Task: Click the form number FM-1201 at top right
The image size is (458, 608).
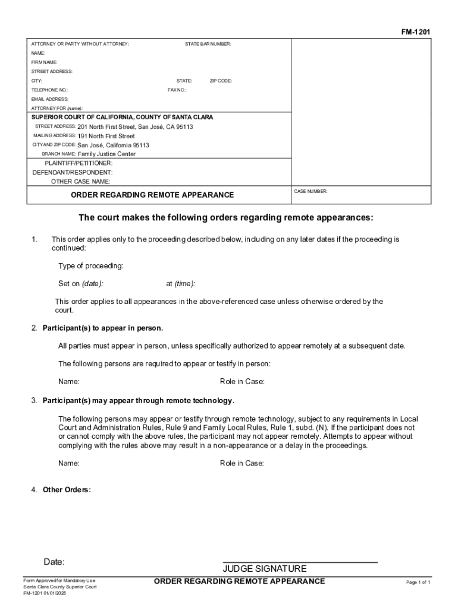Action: [416, 31]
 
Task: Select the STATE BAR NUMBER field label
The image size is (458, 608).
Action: [208, 44]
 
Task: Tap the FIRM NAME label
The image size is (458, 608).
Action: [45, 62]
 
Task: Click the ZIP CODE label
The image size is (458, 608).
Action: [221, 81]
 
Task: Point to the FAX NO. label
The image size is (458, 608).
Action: [177, 90]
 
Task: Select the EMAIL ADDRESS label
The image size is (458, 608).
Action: [50, 99]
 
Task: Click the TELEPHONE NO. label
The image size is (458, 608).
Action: [49, 90]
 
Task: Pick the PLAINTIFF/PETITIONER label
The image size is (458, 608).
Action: [79, 163]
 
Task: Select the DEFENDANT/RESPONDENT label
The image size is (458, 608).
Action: [72, 172]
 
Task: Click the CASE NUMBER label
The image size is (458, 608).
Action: [310, 191]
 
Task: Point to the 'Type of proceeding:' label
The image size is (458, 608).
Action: [90, 265]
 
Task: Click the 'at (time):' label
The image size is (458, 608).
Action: [181, 283]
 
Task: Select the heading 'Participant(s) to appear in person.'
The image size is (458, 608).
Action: [102, 328]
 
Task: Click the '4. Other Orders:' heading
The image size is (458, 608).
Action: [61, 490]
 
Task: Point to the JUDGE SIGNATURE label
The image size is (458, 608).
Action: [265, 568]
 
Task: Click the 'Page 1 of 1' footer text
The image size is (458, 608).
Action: [418, 582]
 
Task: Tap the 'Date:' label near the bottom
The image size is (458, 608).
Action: [54, 562]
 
